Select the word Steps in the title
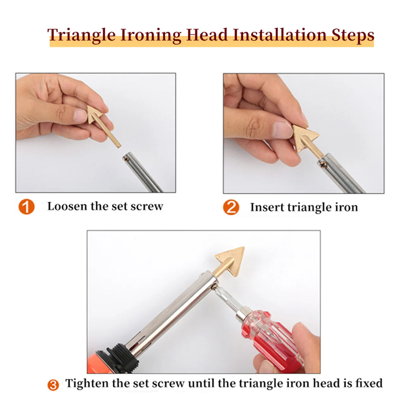pyautogui.click(x=350, y=35)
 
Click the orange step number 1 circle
pyautogui.click(x=26, y=207)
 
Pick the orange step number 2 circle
pyautogui.click(x=231, y=208)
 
